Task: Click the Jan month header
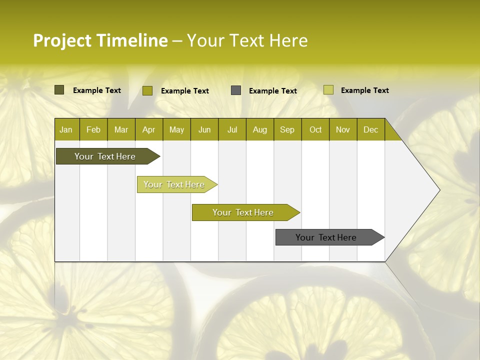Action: coord(66,130)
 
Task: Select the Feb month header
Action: coord(93,130)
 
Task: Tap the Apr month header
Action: coord(148,130)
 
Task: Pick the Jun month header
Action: coord(204,130)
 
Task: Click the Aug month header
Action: coord(259,130)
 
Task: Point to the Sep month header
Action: coord(287,130)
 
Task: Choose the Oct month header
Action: coord(315,130)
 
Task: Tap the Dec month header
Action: coord(370,130)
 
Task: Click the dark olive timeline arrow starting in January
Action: coord(105,156)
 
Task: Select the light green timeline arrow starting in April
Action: coord(174,184)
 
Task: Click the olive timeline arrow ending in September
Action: coord(243,212)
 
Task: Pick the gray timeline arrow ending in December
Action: coord(326,237)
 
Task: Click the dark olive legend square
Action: coord(59,90)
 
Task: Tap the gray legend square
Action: coord(236,90)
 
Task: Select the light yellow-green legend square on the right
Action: coord(328,90)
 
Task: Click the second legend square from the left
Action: coord(147,90)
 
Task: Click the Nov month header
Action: coord(343,130)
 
